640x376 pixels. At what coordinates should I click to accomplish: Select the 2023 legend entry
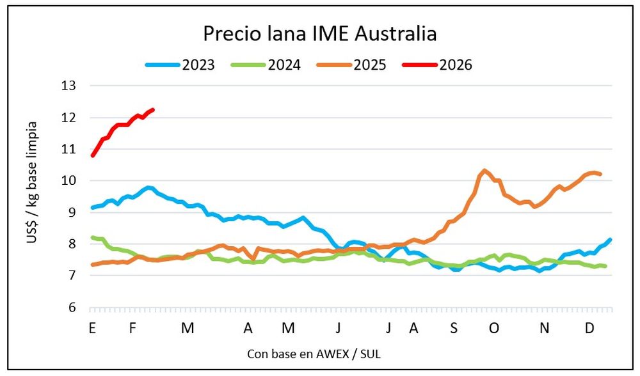(196, 65)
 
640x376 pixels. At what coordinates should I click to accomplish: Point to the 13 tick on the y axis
(68, 86)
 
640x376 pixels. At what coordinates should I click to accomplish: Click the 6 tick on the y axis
(72, 308)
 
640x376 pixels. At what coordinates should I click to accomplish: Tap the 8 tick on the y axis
(72, 244)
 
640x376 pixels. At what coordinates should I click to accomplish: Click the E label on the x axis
(93, 329)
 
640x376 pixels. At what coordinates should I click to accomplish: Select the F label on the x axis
(132, 329)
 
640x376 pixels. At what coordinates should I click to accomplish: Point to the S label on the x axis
(454, 329)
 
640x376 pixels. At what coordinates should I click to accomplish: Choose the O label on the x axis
(493, 329)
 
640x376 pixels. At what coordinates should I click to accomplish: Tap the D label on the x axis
(590, 329)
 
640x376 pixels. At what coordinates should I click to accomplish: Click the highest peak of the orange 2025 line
(484, 170)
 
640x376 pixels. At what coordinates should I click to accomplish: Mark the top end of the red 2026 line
(153, 109)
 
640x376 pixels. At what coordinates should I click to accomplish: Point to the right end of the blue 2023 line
(610, 240)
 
